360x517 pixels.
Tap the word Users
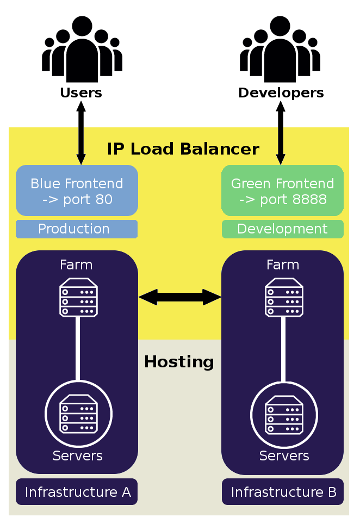(x=81, y=93)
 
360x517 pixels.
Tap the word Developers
(x=281, y=93)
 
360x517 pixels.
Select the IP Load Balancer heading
(x=183, y=149)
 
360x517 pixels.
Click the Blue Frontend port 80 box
(x=77, y=191)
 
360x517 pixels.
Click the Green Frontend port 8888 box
(x=282, y=191)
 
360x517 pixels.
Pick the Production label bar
(x=77, y=229)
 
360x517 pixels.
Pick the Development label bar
(x=282, y=229)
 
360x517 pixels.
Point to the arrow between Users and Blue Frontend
(x=81, y=133)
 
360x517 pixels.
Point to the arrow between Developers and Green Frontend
(x=281, y=133)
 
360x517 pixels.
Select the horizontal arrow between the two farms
(x=180, y=297)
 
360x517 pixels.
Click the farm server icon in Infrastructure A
(x=78, y=297)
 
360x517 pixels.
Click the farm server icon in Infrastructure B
(x=284, y=297)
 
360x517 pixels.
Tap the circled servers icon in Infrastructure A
(x=78, y=414)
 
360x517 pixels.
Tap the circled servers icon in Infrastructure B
(x=284, y=414)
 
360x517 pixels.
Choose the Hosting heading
(x=179, y=362)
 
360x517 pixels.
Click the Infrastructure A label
(x=77, y=492)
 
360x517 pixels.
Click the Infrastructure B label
(x=282, y=492)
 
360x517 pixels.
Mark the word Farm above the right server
(x=283, y=265)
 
